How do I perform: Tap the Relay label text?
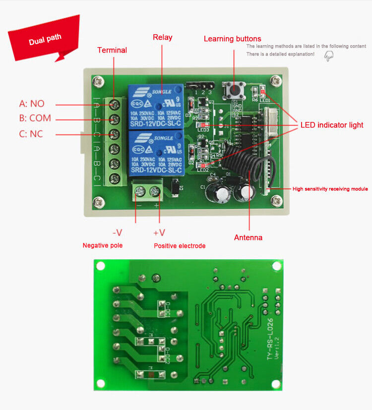point(162,37)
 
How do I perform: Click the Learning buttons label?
point(232,39)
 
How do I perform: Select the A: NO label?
point(32,104)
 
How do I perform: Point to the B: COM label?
point(35,118)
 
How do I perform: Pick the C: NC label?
point(31,134)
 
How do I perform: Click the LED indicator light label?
point(331,125)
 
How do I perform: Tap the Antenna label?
point(248,237)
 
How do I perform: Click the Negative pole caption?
point(102,245)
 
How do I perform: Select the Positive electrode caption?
point(179,246)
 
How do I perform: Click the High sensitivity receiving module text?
point(330,189)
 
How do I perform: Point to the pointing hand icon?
point(328,57)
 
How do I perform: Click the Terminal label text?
point(112,50)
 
